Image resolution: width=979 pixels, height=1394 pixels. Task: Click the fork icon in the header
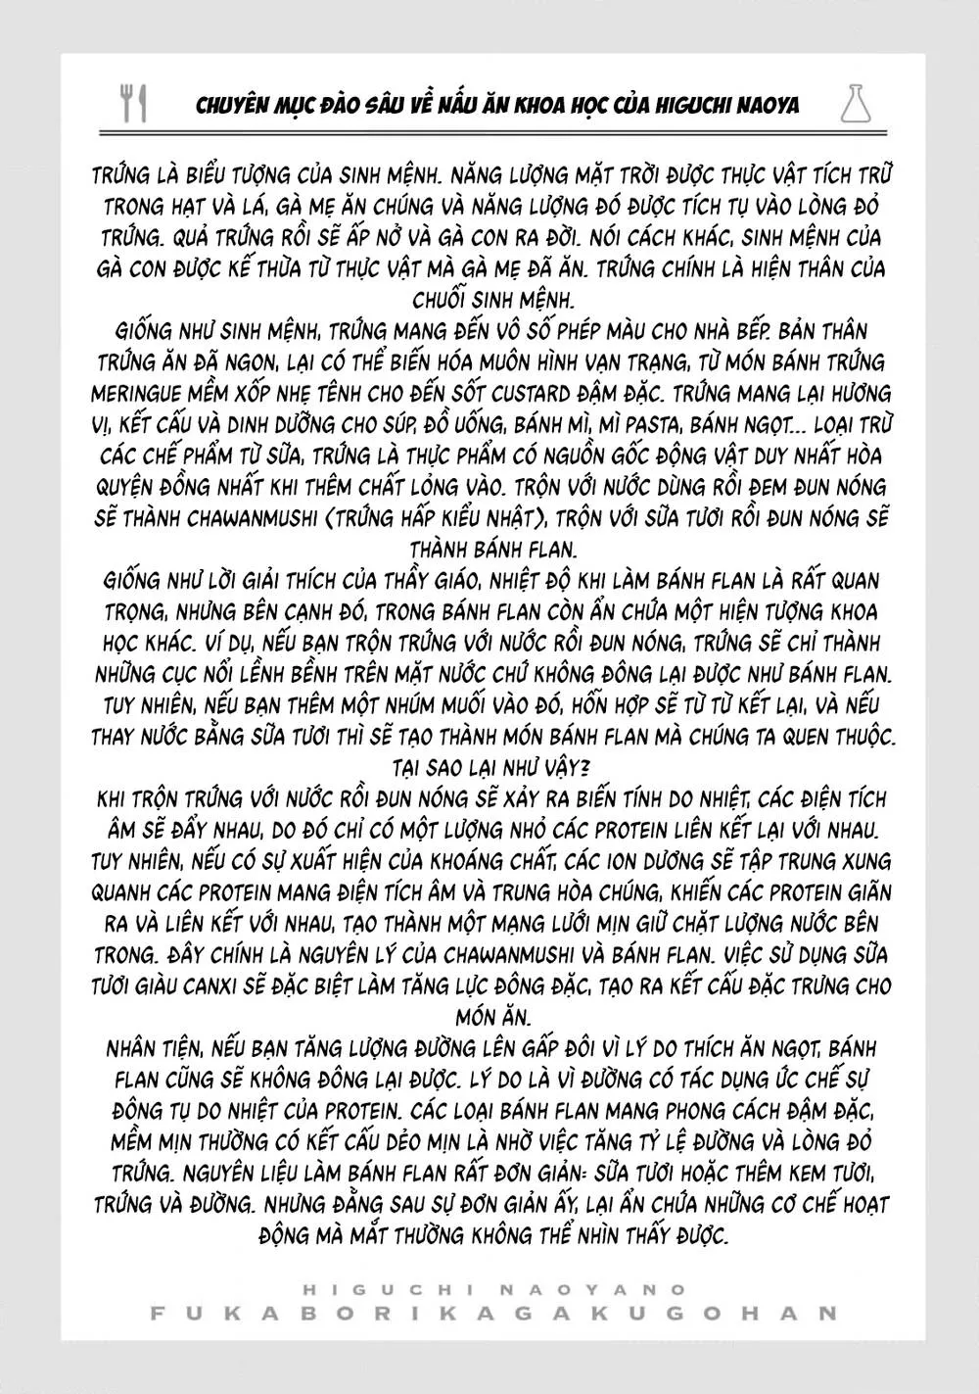coord(124,102)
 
